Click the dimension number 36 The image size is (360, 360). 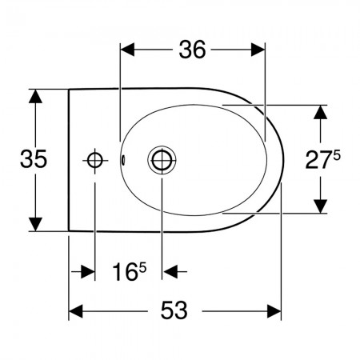(x=192, y=50)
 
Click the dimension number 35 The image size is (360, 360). (x=34, y=159)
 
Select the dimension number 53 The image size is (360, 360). (x=174, y=310)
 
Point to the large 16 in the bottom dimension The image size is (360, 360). (x=126, y=272)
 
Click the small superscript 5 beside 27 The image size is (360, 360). (x=337, y=155)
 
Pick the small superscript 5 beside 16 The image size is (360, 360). (x=142, y=267)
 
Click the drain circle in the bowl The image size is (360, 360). (x=162, y=160)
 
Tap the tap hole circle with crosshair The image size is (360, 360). (x=95, y=161)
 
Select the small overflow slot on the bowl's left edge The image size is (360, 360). (x=123, y=160)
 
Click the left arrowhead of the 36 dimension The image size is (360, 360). (x=127, y=50)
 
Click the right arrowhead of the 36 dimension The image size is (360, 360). (x=258, y=50)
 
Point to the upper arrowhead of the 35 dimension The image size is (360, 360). (x=35, y=97)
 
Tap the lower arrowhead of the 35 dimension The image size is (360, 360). (x=35, y=224)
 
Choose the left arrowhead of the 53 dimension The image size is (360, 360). (x=76, y=311)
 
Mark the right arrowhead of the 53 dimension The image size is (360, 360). (x=274, y=311)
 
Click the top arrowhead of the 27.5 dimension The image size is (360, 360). (x=320, y=112)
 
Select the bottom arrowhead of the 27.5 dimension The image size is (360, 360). (x=320, y=206)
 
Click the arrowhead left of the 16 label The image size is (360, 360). (x=88, y=272)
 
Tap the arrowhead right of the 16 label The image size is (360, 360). (x=170, y=272)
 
